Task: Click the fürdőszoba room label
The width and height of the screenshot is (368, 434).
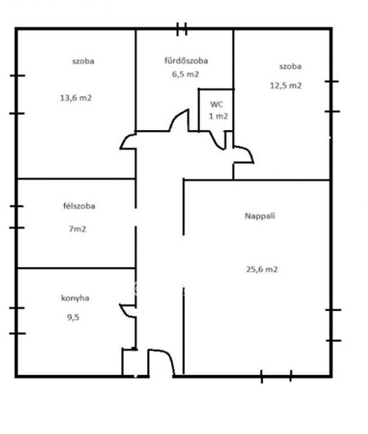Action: (186, 60)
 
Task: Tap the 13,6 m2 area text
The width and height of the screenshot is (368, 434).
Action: (76, 98)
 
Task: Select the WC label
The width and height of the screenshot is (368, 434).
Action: (217, 105)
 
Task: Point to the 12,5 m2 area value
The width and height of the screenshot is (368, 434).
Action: (286, 85)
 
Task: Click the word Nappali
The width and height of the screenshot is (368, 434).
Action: (260, 216)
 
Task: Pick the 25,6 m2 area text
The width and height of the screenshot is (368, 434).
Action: (261, 269)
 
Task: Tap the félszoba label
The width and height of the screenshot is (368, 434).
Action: (79, 206)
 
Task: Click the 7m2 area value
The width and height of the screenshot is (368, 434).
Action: (77, 229)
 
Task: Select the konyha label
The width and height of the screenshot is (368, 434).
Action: (75, 298)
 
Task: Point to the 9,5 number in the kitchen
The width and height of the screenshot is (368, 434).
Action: (73, 317)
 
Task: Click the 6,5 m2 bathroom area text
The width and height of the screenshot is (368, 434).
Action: (185, 74)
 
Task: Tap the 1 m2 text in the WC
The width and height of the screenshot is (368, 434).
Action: (218, 116)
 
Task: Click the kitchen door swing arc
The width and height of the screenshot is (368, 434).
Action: (125, 312)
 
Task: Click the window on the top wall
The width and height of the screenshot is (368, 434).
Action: (182, 29)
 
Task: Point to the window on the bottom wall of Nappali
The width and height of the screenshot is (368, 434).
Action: (276, 376)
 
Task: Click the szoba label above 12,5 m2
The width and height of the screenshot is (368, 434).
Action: (290, 67)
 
